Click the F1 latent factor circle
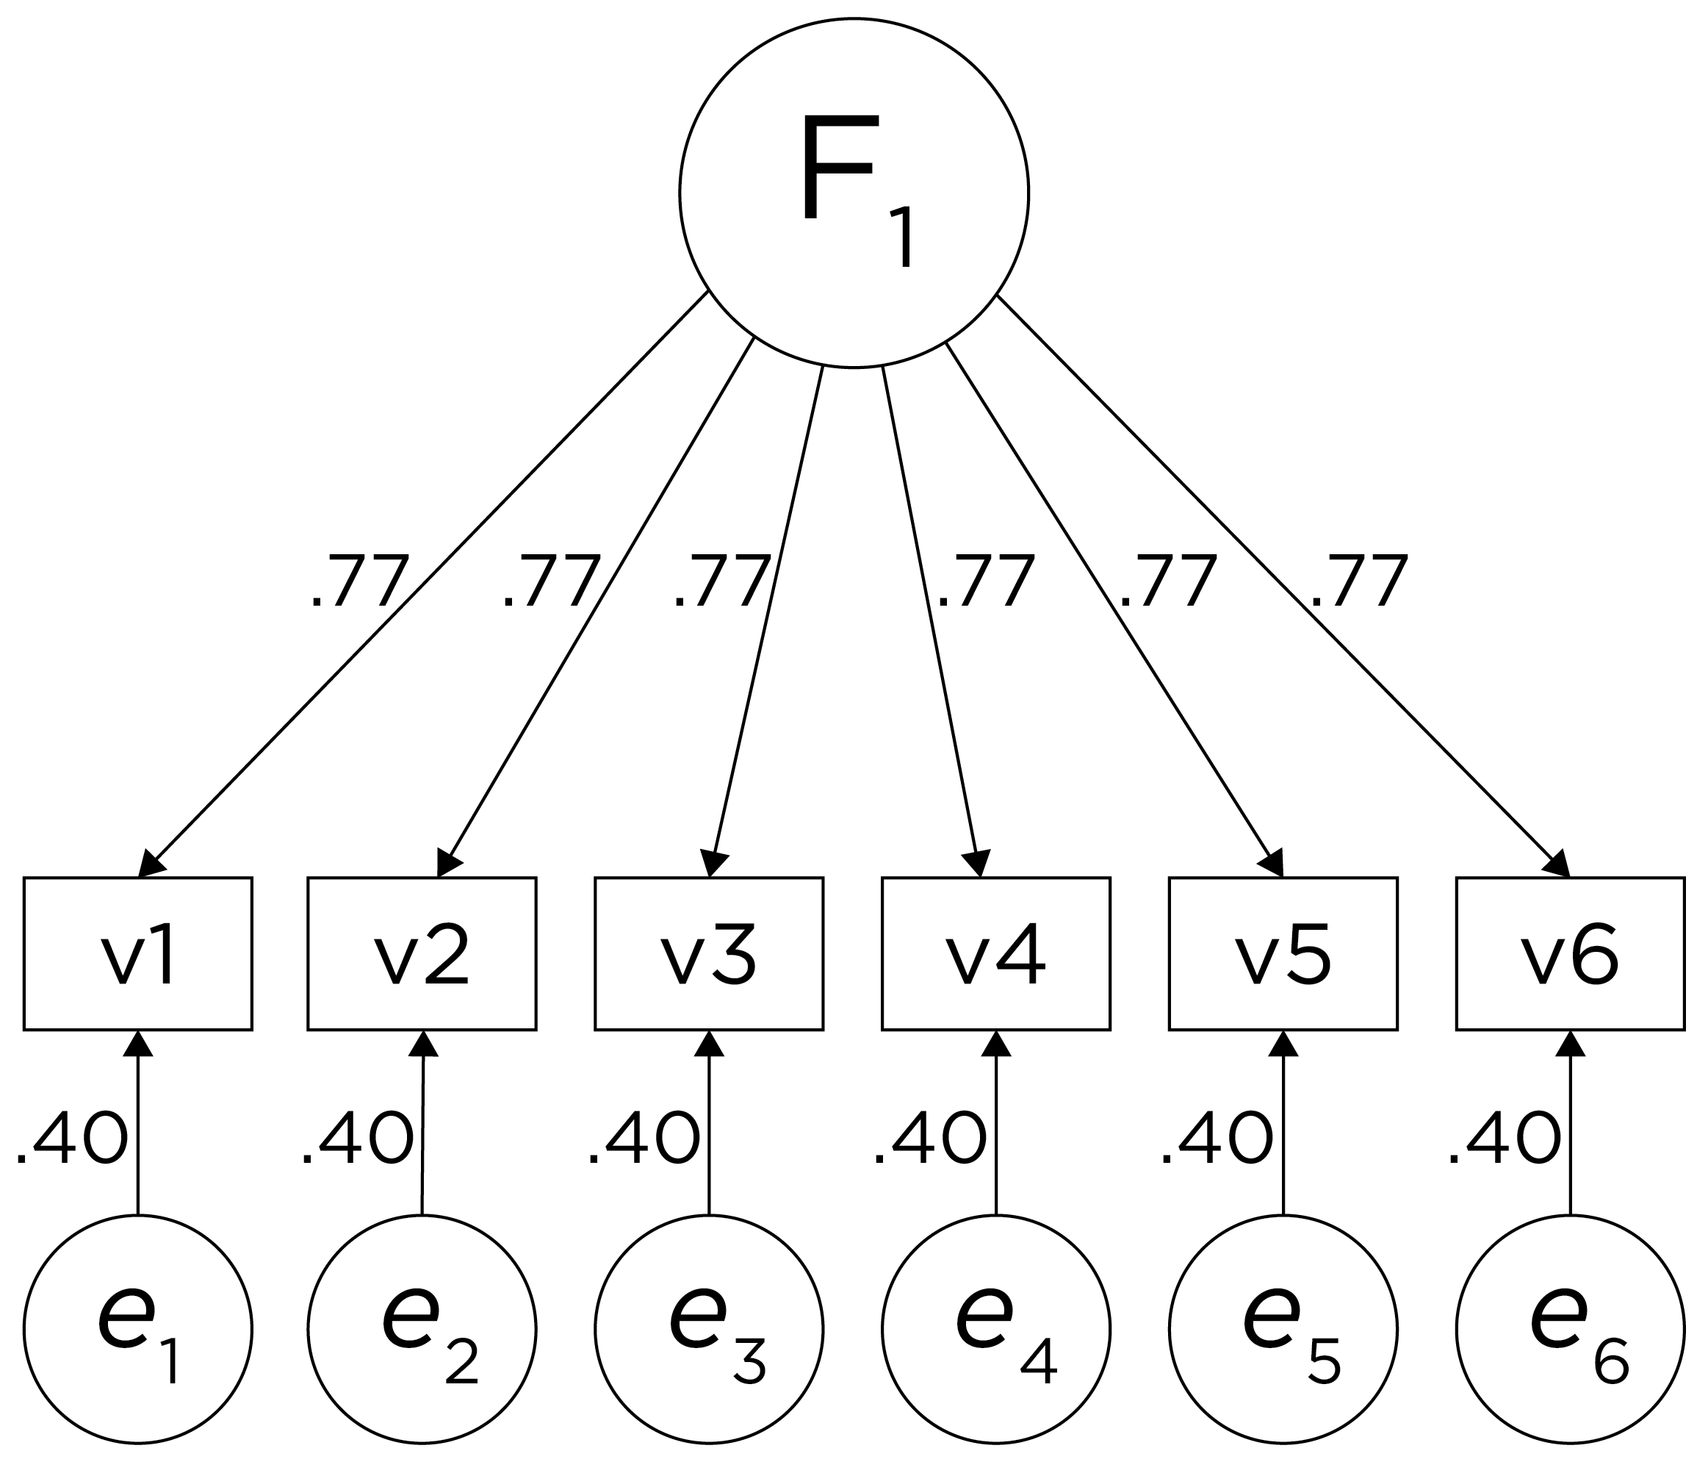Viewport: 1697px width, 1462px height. coord(854,193)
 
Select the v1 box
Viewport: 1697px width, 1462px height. coord(137,954)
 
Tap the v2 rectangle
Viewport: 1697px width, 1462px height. coord(422,954)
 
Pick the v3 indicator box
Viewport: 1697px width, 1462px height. coord(709,954)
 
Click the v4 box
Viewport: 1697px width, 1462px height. coord(996,954)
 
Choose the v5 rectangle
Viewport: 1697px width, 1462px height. coord(1283,954)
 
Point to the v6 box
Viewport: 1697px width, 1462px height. coord(1569,954)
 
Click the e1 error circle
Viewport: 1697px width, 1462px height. coord(137,1329)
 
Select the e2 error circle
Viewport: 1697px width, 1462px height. coord(422,1329)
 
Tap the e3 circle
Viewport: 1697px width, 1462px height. coord(709,1329)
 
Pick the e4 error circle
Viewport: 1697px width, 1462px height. coord(996,1329)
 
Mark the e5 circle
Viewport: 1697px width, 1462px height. coord(1283,1329)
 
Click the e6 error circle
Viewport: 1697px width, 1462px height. coord(1569,1329)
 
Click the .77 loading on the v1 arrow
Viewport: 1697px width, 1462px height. coord(359,582)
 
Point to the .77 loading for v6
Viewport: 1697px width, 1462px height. coord(1359,582)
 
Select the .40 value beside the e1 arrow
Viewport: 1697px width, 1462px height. coord(71,1139)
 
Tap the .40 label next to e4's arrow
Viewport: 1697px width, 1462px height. coord(929,1139)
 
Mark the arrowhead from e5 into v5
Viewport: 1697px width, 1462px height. coord(1283,1045)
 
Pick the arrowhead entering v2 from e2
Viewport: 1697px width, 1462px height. coord(422,1045)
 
